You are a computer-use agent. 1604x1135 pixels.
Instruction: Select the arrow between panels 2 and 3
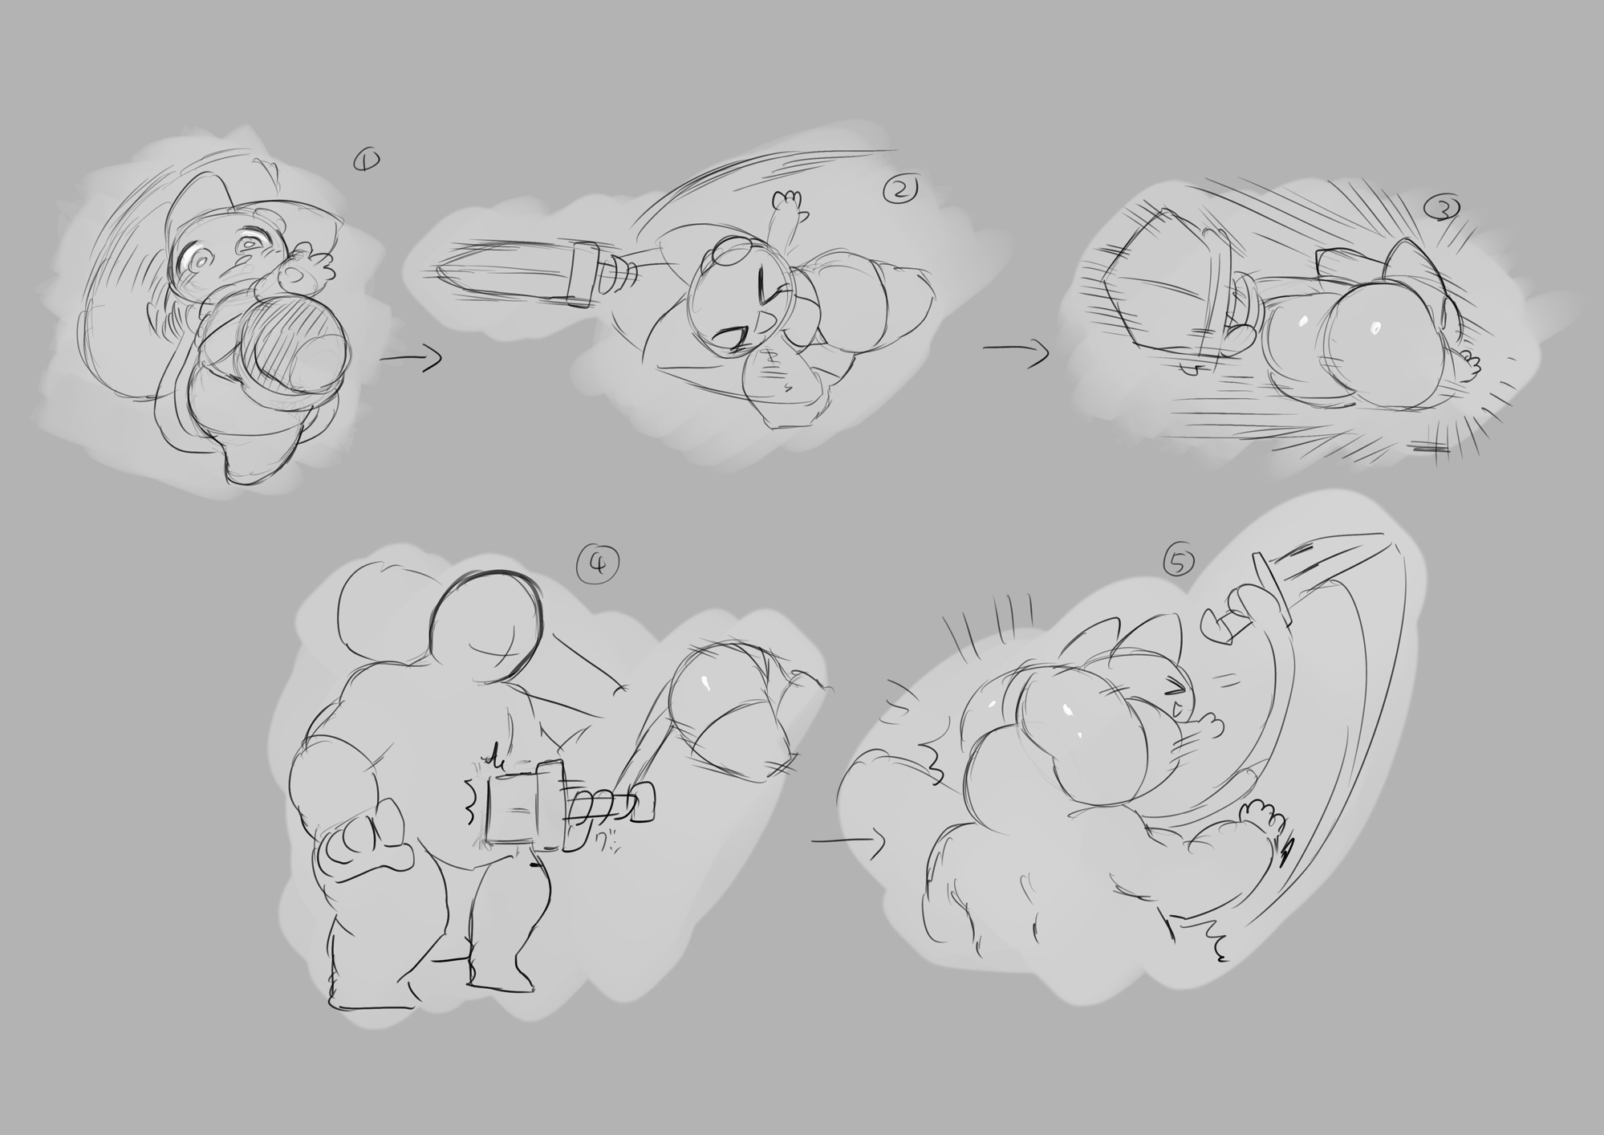pyautogui.click(x=1016, y=352)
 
